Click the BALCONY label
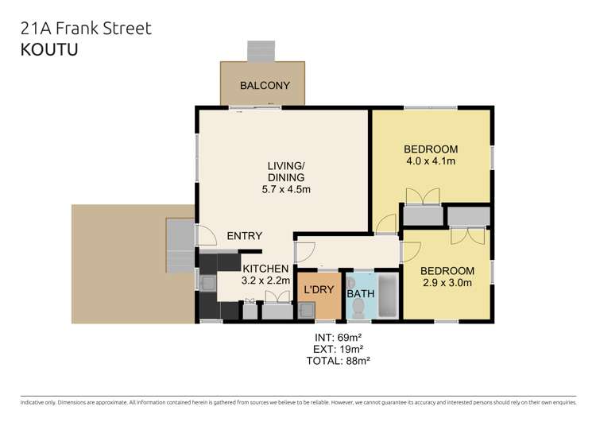click(x=265, y=86)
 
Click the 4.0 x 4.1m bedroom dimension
click(x=431, y=162)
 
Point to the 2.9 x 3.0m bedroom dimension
click(x=447, y=283)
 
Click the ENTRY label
click(x=244, y=236)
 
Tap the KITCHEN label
click(x=265, y=269)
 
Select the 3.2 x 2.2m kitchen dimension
click(x=265, y=281)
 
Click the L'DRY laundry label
click(x=319, y=289)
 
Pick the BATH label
click(x=361, y=294)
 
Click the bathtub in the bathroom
click(x=387, y=296)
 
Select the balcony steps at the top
click(x=260, y=52)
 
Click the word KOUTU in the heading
click(x=44, y=48)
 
